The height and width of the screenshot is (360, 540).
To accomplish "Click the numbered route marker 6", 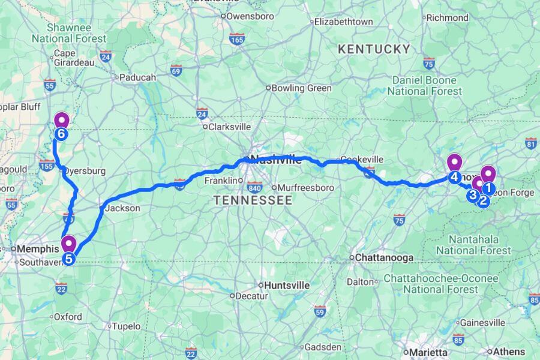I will pyautogui.click(x=61, y=133).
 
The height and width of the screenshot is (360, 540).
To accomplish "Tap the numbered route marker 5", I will pyautogui.click(x=69, y=259).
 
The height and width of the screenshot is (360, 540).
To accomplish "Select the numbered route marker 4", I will pyautogui.click(x=454, y=177).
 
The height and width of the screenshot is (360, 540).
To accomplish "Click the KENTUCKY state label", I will pyautogui.click(x=374, y=49).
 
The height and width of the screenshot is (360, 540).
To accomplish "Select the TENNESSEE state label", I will pyautogui.click(x=253, y=200).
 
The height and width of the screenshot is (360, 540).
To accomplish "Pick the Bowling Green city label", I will pyautogui.click(x=301, y=88).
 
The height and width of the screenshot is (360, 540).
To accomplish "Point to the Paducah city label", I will pyautogui.click(x=137, y=77).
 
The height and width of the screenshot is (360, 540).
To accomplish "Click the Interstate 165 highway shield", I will pyautogui.click(x=236, y=39).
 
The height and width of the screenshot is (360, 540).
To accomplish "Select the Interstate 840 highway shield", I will pyautogui.click(x=256, y=187).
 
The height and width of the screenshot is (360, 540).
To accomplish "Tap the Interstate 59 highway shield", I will pyautogui.click(x=320, y=311).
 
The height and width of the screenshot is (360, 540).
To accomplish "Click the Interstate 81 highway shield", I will pyautogui.click(x=530, y=143).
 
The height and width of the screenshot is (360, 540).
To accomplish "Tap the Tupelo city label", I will pyautogui.click(x=127, y=326).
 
